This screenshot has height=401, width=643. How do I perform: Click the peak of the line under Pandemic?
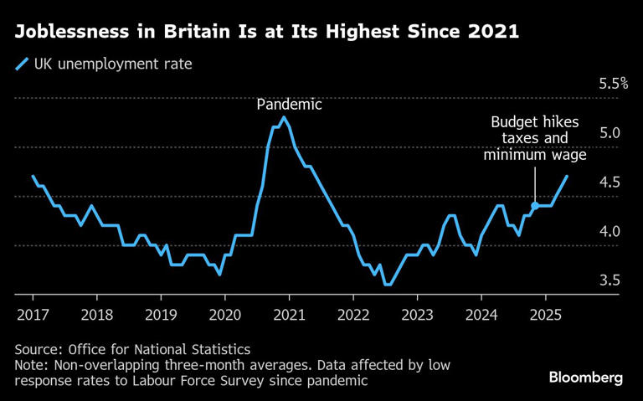pos(284,117)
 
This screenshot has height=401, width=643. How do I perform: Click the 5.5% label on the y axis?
pos(613,84)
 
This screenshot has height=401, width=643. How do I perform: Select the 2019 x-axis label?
pos(161,316)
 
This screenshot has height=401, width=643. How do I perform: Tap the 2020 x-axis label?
pos(224,316)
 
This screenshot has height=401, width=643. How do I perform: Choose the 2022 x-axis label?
pos(352,316)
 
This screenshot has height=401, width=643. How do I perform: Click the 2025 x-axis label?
pos(545,316)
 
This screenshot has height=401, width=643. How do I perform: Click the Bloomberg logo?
pos(585,378)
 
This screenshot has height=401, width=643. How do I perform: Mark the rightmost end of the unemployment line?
pos(568,177)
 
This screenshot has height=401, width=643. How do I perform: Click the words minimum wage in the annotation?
pos(534,154)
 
